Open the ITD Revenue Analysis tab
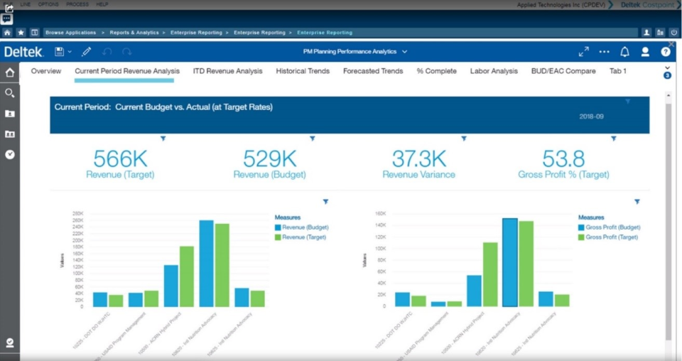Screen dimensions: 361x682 click(227, 71)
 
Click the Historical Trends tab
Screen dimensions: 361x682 click(302, 71)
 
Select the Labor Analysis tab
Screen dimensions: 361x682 click(494, 71)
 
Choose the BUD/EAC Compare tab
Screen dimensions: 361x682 click(563, 71)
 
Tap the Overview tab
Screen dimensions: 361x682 click(46, 71)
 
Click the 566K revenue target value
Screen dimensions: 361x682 click(120, 158)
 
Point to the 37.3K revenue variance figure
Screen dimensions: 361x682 click(418, 158)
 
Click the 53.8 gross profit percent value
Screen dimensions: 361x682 click(563, 158)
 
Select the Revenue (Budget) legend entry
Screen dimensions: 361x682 click(305, 227)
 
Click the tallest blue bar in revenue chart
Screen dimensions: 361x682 click(207, 263)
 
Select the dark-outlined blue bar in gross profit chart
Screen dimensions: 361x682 click(510, 262)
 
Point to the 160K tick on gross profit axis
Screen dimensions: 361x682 click(380, 213)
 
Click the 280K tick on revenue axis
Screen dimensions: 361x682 click(77, 213)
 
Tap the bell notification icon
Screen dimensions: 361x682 click(624, 52)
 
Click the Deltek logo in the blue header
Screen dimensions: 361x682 click(23, 52)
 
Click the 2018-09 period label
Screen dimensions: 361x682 click(591, 117)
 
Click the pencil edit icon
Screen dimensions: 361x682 click(87, 52)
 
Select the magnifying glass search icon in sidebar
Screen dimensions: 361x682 click(10, 93)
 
